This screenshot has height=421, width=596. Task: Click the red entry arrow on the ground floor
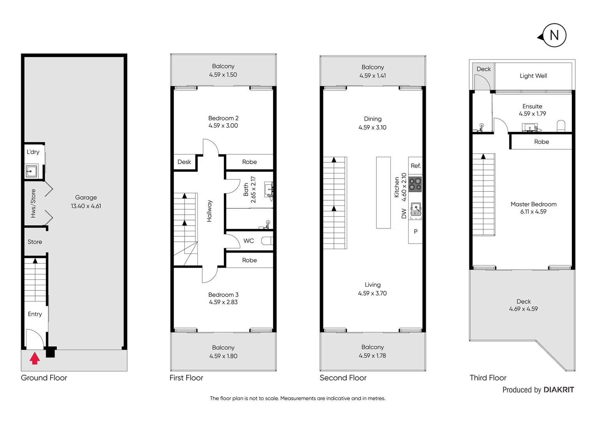tap(35, 358)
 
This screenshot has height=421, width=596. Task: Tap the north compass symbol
tap(553, 35)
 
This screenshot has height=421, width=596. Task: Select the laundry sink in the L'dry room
tap(31, 171)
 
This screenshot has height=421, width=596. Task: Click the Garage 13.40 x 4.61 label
tap(86, 202)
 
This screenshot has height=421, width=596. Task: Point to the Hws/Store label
tap(33, 203)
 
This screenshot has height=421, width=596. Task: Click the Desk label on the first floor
tap(184, 162)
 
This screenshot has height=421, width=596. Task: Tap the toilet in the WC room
tap(267, 241)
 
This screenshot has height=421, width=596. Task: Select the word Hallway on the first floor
tap(209, 211)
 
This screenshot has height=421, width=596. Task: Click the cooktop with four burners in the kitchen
tap(415, 184)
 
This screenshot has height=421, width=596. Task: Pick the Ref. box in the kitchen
tap(415, 166)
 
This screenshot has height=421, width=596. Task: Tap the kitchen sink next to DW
tap(416, 210)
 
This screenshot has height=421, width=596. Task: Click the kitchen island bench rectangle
tap(383, 192)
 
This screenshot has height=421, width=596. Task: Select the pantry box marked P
tap(415, 232)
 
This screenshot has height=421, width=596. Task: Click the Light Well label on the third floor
tap(533, 76)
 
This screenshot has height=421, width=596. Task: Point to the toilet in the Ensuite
tap(561, 126)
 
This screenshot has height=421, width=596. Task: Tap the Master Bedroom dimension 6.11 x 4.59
tap(533, 212)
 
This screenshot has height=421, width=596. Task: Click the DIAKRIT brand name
tap(559, 390)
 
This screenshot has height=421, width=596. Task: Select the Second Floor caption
tap(343, 378)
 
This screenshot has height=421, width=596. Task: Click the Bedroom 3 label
tap(223, 295)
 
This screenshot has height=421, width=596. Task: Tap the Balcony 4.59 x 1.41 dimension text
tap(372, 76)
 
